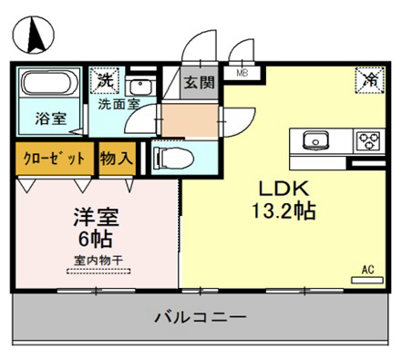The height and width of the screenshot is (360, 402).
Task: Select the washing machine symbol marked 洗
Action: (x=108, y=79)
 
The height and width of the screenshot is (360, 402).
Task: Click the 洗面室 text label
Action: (x=119, y=103)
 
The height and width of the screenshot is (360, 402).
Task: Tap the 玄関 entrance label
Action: (x=198, y=82)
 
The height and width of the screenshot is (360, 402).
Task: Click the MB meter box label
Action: (x=242, y=73)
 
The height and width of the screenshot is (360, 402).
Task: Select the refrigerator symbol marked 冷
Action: (x=370, y=80)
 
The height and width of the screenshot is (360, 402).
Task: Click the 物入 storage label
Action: (x=117, y=157)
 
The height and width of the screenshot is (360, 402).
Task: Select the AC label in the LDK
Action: (x=368, y=270)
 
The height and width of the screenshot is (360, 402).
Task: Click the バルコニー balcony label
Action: (x=200, y=319)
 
